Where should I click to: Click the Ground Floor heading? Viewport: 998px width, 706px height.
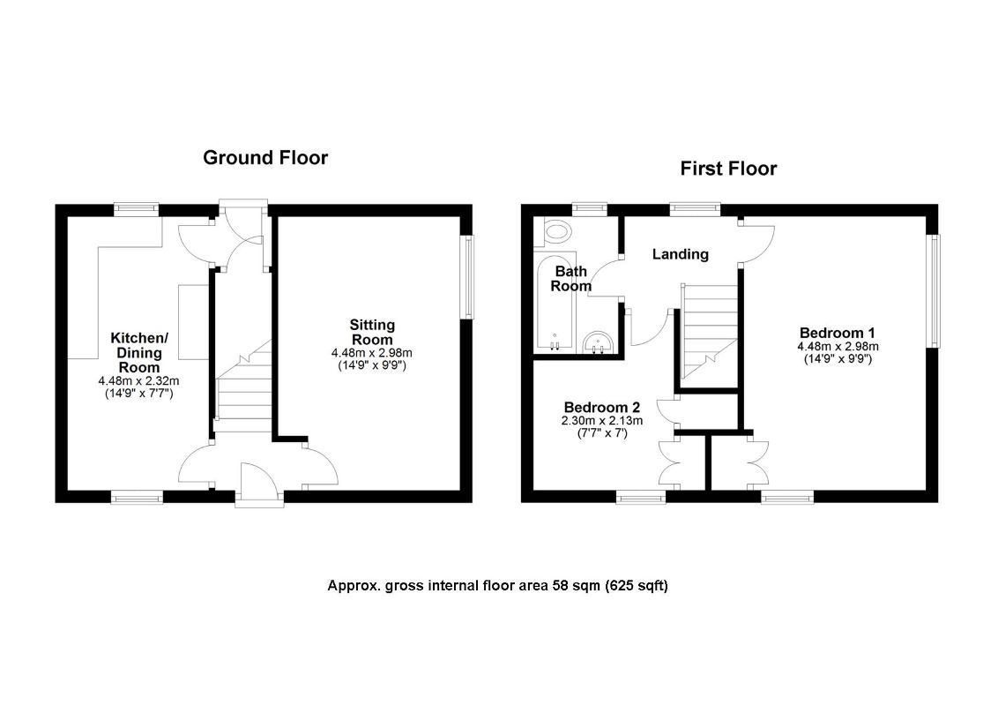coord(265,158)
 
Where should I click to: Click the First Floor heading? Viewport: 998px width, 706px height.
coord(728,169)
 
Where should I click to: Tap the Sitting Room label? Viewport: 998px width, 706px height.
coord(372,332)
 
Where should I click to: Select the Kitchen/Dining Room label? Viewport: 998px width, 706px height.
coord(138,352)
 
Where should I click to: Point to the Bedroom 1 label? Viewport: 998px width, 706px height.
coord(837,333)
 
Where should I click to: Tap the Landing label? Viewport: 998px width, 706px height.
coord(680,254)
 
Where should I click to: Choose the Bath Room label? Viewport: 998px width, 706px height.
coord(570,278)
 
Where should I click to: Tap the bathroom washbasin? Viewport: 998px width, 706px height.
coord(600,342)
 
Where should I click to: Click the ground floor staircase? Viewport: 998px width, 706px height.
coord(242,388)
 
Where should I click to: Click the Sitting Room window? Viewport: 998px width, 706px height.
coord(468,275)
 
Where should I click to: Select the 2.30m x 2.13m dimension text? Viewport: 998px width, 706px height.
coord(602,421)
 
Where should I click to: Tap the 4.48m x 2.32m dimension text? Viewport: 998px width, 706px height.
coord(138,381)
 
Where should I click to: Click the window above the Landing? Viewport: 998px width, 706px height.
coord(694,208)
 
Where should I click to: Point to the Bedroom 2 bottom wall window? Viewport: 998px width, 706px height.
coord(641,498)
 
